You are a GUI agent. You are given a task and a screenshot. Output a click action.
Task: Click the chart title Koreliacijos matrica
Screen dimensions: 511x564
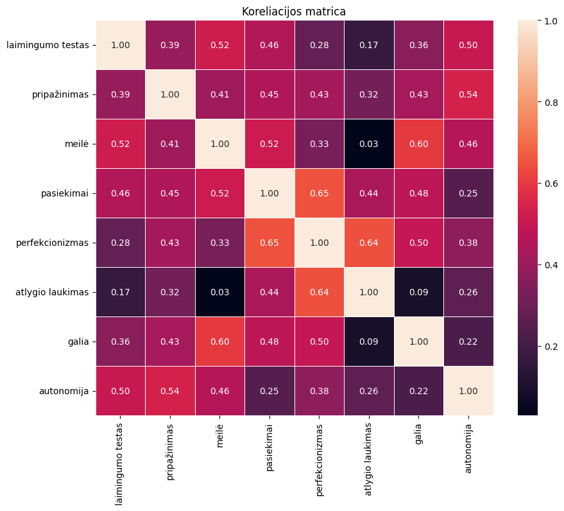295,12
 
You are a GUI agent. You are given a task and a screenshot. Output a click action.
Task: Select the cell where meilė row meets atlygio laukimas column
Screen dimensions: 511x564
369,144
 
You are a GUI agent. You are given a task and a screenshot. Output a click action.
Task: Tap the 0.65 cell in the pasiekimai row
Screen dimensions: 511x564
320,193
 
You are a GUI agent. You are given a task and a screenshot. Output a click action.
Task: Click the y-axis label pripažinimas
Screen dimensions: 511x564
60,94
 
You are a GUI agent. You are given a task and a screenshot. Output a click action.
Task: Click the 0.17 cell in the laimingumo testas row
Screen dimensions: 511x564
369,45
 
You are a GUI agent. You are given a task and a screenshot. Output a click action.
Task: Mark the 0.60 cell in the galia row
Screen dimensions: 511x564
220,342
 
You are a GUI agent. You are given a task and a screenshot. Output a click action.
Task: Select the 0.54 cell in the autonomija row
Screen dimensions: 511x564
171,391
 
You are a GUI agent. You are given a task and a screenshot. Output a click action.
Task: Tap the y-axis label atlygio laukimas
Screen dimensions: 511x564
52,292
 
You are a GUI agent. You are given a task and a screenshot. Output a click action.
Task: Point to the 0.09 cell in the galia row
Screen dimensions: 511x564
369,342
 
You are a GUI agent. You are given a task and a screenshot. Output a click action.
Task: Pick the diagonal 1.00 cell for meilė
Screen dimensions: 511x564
220,144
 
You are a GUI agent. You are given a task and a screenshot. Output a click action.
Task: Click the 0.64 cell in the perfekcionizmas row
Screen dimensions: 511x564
369,243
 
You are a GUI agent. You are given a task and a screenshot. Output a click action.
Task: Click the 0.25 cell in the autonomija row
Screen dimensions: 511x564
269,391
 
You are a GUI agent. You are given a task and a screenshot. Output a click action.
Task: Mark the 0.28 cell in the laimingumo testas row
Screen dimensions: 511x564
320,45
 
